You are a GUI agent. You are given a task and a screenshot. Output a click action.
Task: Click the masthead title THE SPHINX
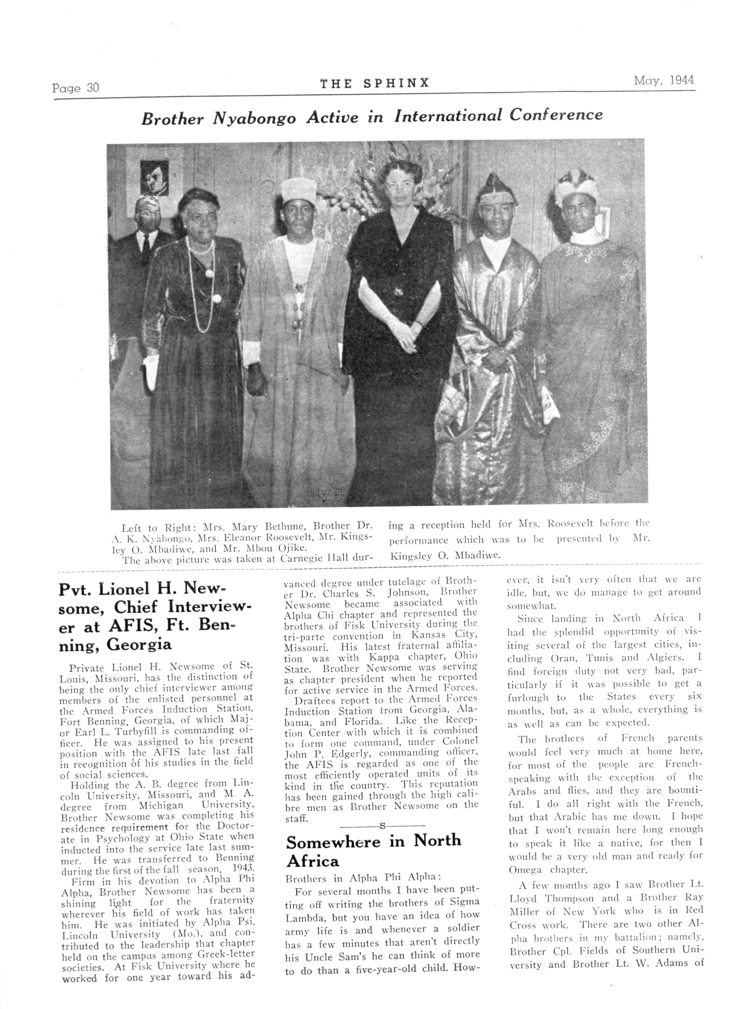[x=375, y=83]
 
